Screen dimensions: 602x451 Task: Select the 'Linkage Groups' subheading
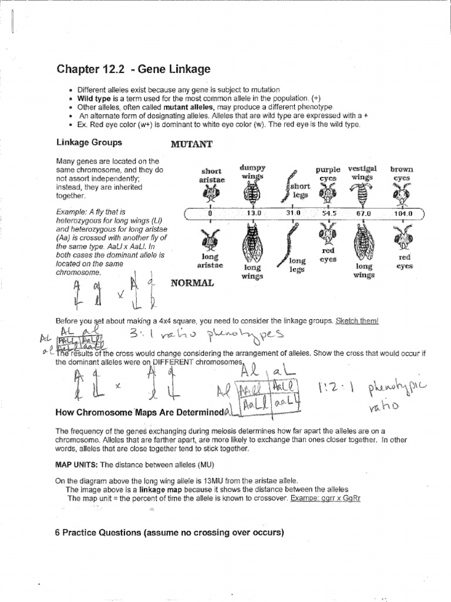click(x=89, y=142)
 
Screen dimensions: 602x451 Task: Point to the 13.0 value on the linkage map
click(x=253, y=213)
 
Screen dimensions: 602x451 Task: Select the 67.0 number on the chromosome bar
click(x=363, y=213)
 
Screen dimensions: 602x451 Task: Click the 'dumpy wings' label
click(x=253, y=172)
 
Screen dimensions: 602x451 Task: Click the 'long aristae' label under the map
click(x=210, y=261)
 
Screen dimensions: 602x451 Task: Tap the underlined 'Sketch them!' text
click(x=357, y=321)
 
